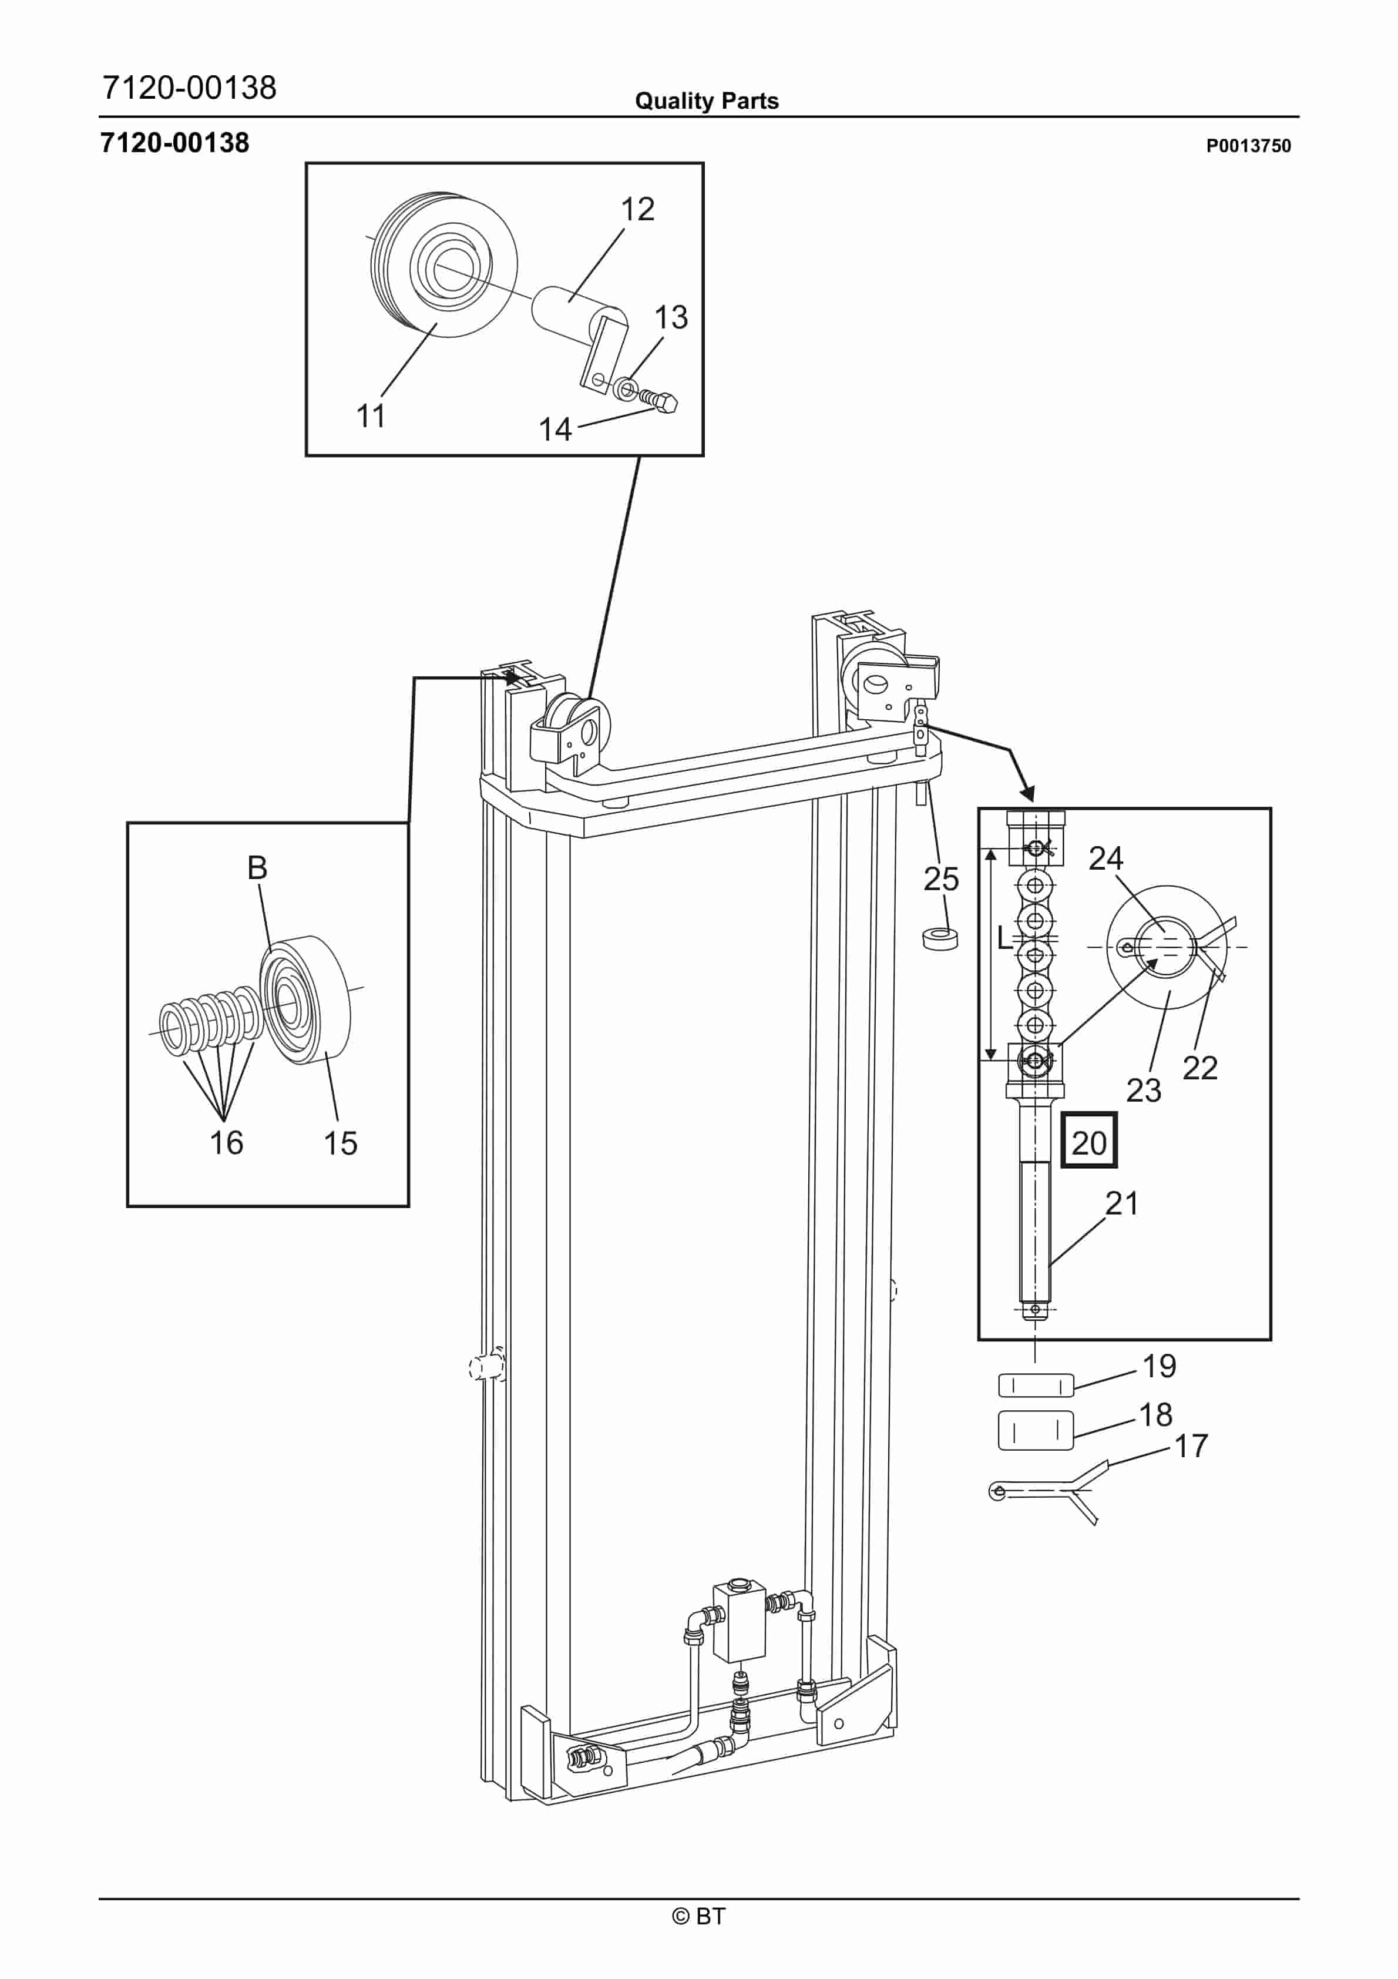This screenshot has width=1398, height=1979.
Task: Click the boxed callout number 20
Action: click(x=1088, y=1143)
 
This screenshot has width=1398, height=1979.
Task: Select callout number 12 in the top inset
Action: click(x=638, y=209)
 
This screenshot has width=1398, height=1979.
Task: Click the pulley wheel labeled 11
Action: click(x=444, y=264)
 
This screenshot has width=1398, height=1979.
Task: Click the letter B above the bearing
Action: click(x=257, y=868)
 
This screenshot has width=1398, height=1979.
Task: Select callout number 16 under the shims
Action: click(x=227, y=1143)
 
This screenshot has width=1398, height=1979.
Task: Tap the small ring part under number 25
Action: click(x=940, y=938)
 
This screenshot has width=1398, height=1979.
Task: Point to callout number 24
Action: click(x=1106, y=858)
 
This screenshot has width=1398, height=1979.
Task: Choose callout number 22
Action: click(x=1200, y=1068)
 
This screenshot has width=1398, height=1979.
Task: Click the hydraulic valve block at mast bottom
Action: click(x=740, y=1621)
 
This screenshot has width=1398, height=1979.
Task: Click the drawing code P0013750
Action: click(x=1248, y=146)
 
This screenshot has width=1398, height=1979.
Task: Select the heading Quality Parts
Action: click(x=707, y=101)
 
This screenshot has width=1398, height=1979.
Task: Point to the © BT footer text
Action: click(x=698, y=1916)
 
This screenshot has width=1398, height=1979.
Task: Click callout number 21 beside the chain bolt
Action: click(x=1122, y=1203)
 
